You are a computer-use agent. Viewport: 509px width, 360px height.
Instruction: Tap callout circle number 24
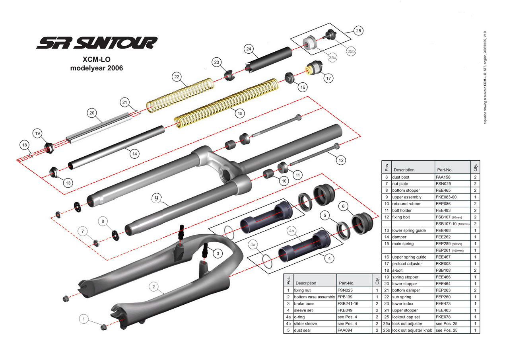pos(249,49)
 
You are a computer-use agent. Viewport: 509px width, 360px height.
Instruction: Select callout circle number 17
pos(328,78)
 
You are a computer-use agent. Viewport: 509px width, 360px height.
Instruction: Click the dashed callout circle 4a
pos(253,243)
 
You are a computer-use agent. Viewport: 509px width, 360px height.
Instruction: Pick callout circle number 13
pos(68,183)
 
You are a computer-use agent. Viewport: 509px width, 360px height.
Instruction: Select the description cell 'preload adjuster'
pos(407,263)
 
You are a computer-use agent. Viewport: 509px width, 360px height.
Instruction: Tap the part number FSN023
pos(345,290)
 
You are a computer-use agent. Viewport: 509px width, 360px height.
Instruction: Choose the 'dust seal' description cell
pos(302,330)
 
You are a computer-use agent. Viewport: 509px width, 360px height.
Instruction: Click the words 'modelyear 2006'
pos(97,68)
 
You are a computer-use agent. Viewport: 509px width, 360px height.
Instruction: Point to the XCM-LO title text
pos(96,59)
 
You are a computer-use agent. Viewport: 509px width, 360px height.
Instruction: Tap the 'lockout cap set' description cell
pos(408,317)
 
